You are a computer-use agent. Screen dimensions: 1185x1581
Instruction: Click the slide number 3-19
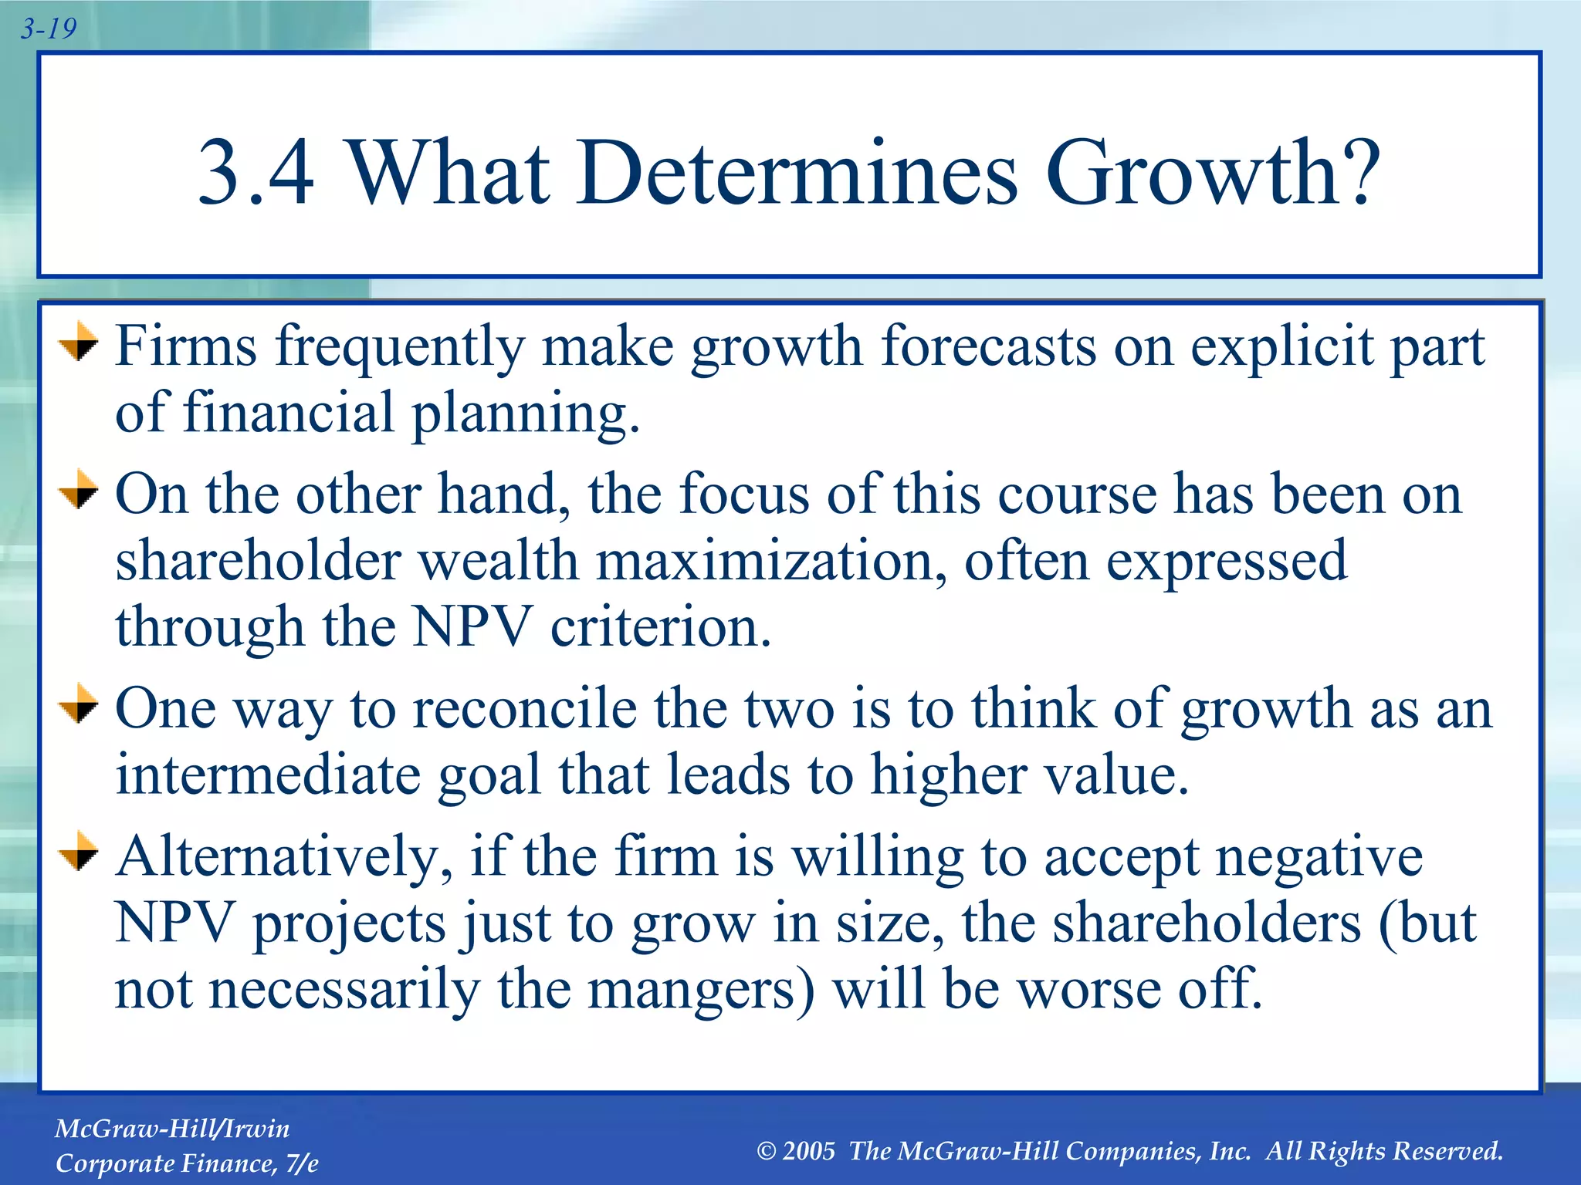point(48,29)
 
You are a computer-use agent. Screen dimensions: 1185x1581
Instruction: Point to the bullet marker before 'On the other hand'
point(79,491)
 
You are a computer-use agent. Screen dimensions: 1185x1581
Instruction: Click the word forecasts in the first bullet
point(988,346)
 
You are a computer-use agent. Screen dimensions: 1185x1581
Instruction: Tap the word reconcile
point(525,708)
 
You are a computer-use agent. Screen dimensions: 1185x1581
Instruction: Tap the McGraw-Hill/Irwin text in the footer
point(172,1129)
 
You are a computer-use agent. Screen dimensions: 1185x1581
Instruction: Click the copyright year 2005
point(808,1152)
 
